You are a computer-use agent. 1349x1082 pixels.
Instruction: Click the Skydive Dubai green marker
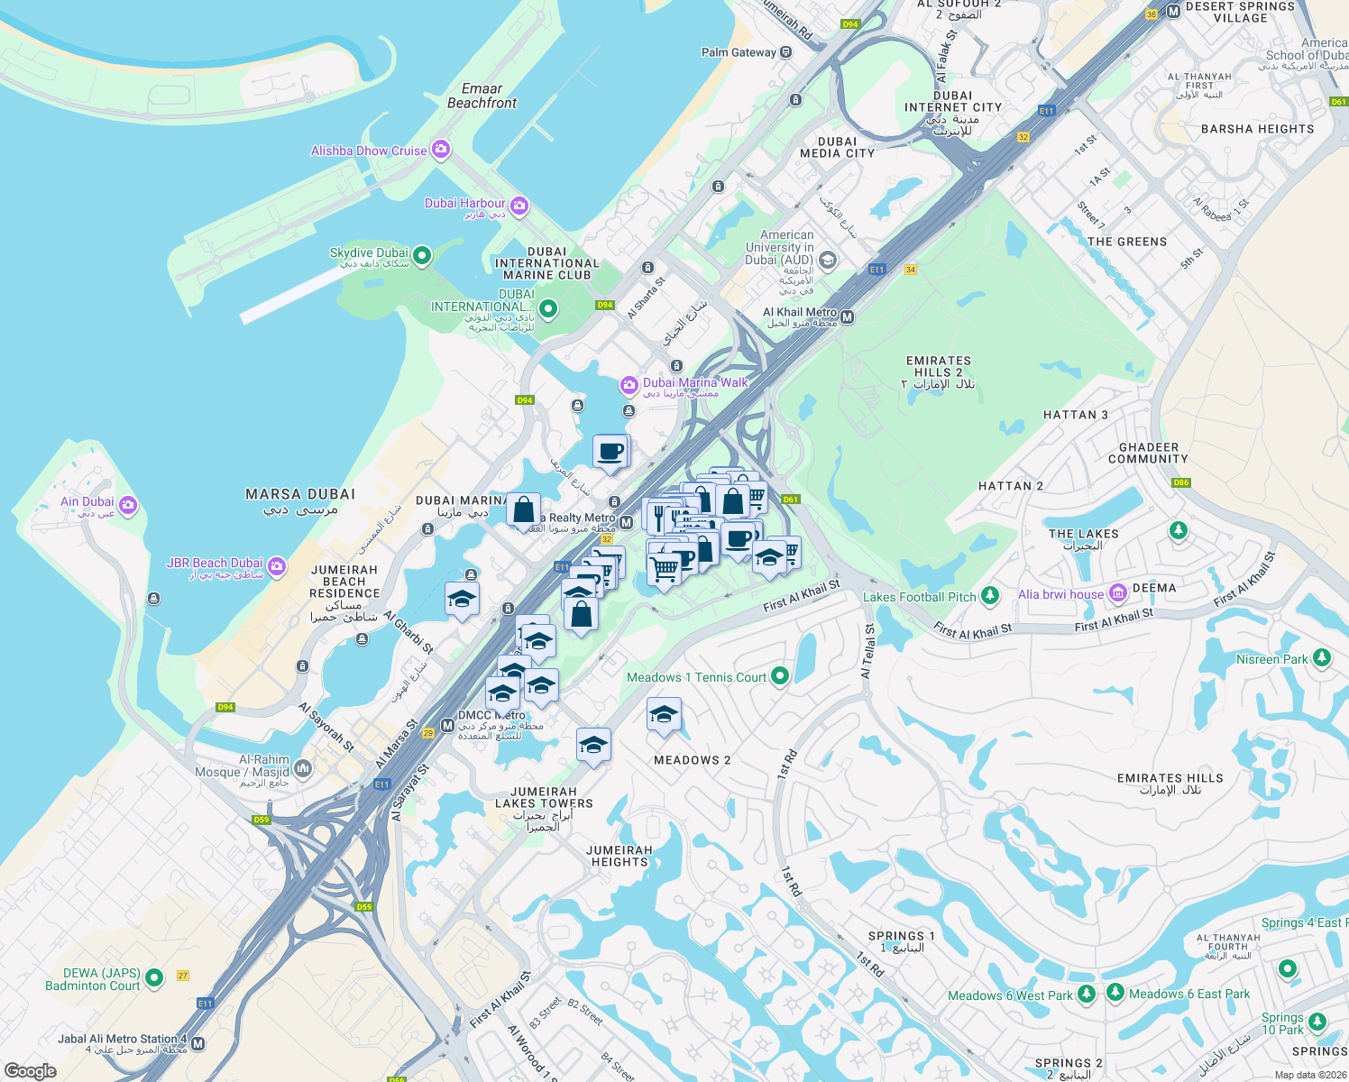(x=421, y=255)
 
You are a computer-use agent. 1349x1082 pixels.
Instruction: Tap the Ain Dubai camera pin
(x=127, y=504)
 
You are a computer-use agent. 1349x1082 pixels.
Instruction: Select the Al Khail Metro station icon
(x=847, y=316)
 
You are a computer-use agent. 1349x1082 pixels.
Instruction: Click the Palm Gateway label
(x=739, y=52)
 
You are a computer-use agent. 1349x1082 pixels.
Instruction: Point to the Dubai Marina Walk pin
(x=629, y=386)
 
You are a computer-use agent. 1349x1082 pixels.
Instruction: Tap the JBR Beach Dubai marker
(x=277, y=565)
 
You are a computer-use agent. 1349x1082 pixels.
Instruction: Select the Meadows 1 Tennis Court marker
(x=780, y=676)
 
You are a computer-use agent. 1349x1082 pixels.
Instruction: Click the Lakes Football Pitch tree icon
(x=990, y=595)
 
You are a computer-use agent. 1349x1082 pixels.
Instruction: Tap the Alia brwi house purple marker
(x=1118, y=592)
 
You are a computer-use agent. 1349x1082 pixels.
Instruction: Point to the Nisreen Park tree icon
(x=1322, y=657)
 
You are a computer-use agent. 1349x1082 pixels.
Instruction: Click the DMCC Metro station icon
(x=447, y=725)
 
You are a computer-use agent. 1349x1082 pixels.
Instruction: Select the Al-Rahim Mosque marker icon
(x=302, y=768)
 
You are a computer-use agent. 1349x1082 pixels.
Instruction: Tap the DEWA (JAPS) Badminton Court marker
(x=154, y=977)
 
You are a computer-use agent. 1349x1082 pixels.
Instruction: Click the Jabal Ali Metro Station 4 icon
(x=197, y=1043)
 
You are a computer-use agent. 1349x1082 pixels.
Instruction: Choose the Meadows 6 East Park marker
(x=1115, y=993)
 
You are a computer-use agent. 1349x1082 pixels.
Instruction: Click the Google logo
(x=31, y=1070)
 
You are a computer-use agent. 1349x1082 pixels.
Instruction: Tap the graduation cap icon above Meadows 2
(x=664, y=715)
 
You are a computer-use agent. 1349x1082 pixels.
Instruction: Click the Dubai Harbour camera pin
(x=518, y=206)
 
